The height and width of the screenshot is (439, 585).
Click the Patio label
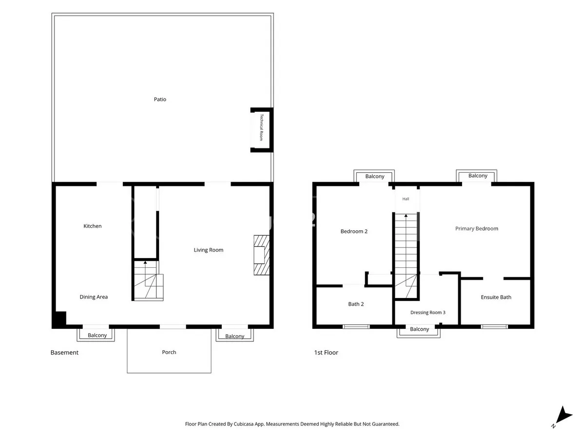click(160, 100)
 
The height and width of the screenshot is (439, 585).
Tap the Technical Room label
click(261, 127)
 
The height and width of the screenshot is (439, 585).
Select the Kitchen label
click(93, 226)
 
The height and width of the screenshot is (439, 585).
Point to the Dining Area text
click(94, 297)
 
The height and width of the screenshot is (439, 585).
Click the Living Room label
click(209, 250)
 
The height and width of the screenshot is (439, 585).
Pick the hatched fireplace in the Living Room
click(261, 255)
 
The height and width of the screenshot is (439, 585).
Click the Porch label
click(169, 352)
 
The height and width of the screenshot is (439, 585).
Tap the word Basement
click(64, 352)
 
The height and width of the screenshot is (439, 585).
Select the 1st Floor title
click(326, 352)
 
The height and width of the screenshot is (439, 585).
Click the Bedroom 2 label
click(354, 231)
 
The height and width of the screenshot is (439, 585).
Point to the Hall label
click(406, 199)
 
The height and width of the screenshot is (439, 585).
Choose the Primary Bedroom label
click(476, 228)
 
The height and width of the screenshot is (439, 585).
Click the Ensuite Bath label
click(496, 297)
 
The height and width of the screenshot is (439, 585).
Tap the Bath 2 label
click(356, 304)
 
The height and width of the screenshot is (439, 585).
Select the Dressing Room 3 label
click(428, 312)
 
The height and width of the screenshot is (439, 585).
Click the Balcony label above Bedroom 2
click(375, 177)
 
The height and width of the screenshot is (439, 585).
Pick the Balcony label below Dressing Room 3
click(420, 329)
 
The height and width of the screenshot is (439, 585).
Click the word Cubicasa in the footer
click(243, 424)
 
